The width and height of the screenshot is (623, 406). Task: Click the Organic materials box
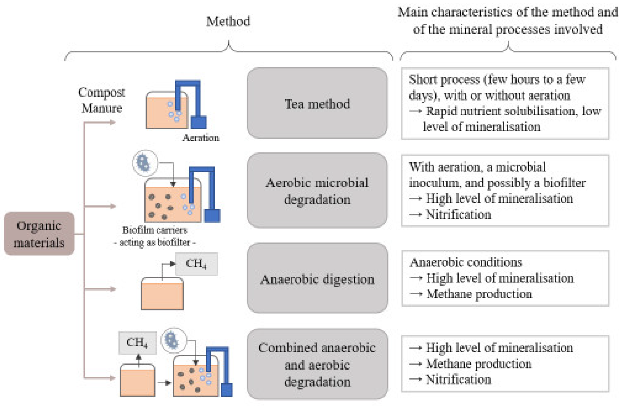point(39,234)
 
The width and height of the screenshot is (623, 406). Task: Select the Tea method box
point(317,103)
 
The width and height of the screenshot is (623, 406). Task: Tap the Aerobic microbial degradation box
point(317,191)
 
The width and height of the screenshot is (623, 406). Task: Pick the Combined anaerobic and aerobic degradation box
point(317,364)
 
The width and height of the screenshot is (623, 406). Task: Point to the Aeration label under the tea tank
point(201,138)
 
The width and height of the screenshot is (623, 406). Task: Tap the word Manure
point(102,108)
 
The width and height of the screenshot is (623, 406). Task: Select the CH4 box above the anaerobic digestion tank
point(196,264)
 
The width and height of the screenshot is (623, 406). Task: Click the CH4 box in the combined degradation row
point(137,343)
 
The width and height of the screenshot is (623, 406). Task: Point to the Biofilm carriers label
point(155,230)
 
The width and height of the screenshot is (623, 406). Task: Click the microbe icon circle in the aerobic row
point(145,163)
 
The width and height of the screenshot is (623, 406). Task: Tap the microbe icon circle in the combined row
point(173,341)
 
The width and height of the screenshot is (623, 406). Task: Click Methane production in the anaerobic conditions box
point(479,294)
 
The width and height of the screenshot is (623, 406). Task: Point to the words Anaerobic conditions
point(466,262)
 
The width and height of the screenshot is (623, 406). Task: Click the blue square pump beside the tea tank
point(199,122)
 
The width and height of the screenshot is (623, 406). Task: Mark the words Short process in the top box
point(444,80)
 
